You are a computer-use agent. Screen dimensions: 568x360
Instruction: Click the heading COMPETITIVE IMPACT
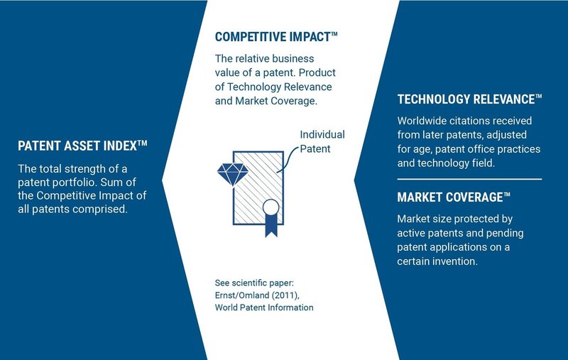(276, 37)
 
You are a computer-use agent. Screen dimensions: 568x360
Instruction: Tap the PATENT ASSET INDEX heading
(82, 146)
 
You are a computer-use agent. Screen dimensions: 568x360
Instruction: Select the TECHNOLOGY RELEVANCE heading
(469, 99)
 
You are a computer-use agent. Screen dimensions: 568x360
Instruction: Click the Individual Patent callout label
(322, 141)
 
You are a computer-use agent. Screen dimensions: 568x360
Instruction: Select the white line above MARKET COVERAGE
(469, 179)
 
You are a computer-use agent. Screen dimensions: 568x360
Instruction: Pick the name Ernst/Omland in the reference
(242, 295)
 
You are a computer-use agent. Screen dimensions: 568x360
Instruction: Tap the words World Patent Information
(264, 307)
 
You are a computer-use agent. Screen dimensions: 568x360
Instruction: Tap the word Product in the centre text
(317, 72)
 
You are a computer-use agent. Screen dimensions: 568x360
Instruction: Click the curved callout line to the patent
(288, 158)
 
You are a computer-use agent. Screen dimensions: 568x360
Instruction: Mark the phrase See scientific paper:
(254, 283)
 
